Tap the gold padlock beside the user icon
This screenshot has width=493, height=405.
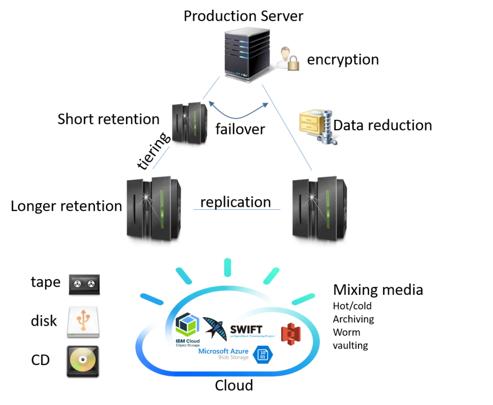293,64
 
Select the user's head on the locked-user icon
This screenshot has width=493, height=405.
285,51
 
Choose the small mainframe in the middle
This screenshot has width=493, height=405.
189,124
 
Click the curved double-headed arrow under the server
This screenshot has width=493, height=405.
236,114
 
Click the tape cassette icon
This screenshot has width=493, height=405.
83,283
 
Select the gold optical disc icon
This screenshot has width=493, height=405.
83,359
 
